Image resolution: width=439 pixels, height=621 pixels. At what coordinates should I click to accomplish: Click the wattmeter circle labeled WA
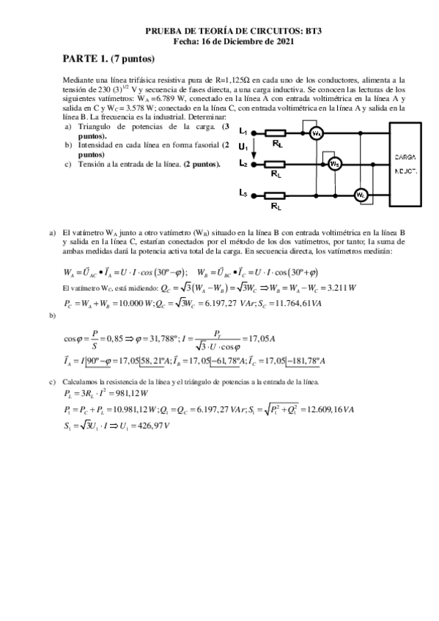(336, 133)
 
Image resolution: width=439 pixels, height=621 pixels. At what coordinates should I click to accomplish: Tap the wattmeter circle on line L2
(333, 164)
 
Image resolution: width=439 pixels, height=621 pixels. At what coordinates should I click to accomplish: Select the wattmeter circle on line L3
(360, 195)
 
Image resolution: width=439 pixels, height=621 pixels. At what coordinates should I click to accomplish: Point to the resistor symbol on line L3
(275, 195)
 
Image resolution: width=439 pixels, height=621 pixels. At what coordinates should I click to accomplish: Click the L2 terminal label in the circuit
(243, 164)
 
